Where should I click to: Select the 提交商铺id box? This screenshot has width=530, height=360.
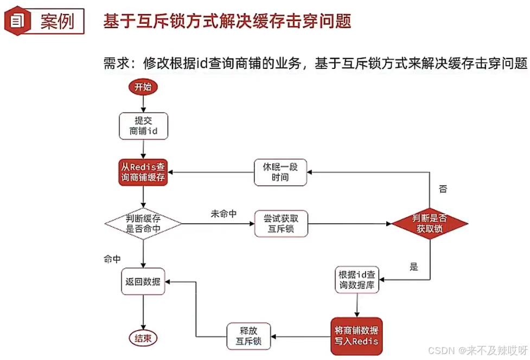pos(143,126)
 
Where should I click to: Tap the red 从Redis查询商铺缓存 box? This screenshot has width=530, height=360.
pos(143,172)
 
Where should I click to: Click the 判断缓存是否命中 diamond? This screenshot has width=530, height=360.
pos(143,223)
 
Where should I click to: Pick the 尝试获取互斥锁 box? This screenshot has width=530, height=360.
pos(281,223)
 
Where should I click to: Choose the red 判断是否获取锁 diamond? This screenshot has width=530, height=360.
pos(430,223)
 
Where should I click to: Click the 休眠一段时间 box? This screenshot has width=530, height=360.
pos(280,172)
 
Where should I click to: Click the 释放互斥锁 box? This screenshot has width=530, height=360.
pos(248,336)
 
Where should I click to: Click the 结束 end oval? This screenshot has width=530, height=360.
pos(143,338)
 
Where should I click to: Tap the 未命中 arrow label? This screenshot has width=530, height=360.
pos(224,213)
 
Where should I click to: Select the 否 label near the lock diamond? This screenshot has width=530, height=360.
pos(443,189)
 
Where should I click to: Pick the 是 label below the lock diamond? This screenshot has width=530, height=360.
pos(413,266)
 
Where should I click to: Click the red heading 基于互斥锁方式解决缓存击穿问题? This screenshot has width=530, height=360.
pos(227,22)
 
